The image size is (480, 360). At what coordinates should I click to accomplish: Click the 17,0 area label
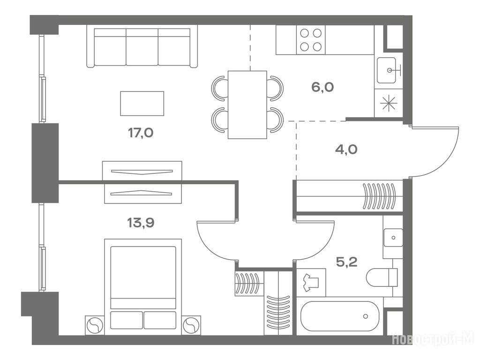click(x=141, y=133)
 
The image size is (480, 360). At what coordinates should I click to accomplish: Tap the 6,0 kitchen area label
click(x=322, y=87)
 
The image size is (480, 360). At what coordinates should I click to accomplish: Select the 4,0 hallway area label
click(x=346, y=150)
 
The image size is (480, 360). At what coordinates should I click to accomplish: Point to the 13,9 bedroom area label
click(x=141, y=223)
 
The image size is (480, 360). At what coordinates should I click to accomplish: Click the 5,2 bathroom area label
click(x=346, y=262)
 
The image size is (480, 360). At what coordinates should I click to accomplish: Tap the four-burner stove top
click(x=311, y=40)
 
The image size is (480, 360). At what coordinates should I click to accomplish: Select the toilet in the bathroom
click(x=382, y=277)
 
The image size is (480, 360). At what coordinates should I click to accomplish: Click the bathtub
click(x=340, y=316)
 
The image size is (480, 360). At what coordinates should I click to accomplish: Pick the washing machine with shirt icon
click(x=311, y=283)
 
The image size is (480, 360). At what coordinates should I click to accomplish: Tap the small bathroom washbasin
click(x=393, y=238)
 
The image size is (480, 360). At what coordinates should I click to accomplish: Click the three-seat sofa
click(x=142, y=46)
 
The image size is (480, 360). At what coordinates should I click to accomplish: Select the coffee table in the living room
click(x=142, y=104)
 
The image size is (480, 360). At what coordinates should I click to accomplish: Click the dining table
click(x=247, y=105)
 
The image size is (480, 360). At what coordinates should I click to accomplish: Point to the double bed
click(x=143, y=287)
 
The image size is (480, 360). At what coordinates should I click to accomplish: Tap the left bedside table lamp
click(x=95, y=325)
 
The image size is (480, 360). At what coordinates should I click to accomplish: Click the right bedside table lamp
click(x=191, y=325)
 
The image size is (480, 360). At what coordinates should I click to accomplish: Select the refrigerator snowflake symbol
click(x=389, y=103)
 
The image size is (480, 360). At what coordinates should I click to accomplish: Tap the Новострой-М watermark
click(x=433, y=339)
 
